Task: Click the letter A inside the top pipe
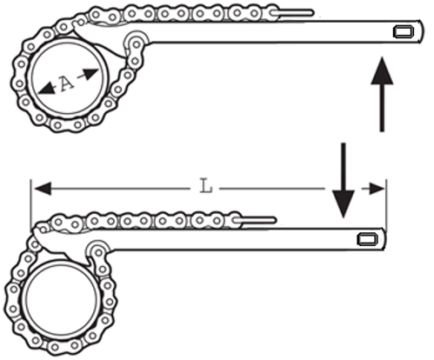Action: [67, 83]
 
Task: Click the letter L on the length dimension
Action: [206, 186]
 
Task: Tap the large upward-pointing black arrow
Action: [382, 94]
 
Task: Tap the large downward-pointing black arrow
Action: [344, 180]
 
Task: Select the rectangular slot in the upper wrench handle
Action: [404, 31]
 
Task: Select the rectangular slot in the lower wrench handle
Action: [367, 239]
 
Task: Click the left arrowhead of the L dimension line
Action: [43, 189]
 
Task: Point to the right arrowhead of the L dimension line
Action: [377, 189]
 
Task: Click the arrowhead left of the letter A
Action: [47, 89]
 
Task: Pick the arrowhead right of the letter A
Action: [90, 73]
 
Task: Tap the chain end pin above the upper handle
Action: [292, 13]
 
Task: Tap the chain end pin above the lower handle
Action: [255, 220]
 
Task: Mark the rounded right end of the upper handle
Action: [420, 31]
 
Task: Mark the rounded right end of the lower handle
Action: [384, 239]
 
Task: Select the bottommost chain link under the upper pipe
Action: [68, 125]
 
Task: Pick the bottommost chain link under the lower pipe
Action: [64, 346]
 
